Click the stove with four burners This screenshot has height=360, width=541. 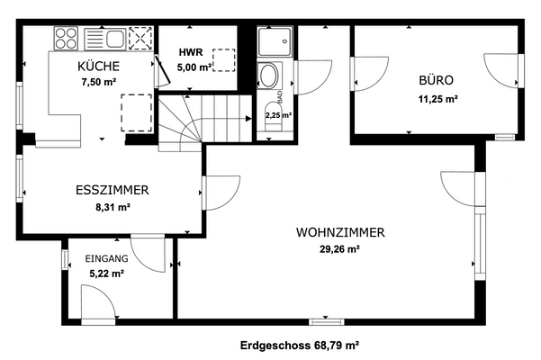click(67, 39)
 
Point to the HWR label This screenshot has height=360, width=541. click(189, 52)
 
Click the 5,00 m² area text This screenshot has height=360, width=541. click(194, 67)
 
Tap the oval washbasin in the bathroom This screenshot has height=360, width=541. click(269, 76)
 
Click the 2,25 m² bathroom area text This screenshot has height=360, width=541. click(277, 115)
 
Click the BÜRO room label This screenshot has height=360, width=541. click(437, 79)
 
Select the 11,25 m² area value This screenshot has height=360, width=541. click(437, 100)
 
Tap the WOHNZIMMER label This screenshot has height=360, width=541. click(340, 232)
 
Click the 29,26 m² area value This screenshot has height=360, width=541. click(340, 249)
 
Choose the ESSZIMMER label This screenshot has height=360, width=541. click(112, 190)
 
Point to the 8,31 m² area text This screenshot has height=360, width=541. click(113, 207)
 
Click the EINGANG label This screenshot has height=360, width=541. click(106, 258)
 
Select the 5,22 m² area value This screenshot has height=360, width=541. click(105, 274)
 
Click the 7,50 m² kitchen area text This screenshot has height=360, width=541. click(99, 81)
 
